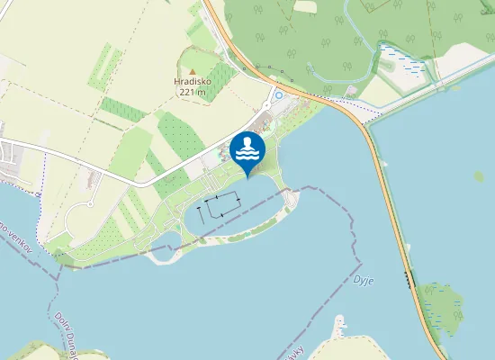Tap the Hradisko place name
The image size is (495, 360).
click(x=191, y=81)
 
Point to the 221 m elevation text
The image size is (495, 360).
click(x=192, y=92)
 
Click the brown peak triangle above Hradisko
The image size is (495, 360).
click(x=191, y=70)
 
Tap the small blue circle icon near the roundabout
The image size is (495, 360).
click(x=279, y=94)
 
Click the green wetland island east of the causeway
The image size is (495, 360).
click(x=442, y=306)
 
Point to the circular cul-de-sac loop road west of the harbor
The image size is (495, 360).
click(x=89, y=204)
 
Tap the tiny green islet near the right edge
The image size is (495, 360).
click(x=478, y=175)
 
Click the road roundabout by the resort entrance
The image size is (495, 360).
click(x=273, y=86)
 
